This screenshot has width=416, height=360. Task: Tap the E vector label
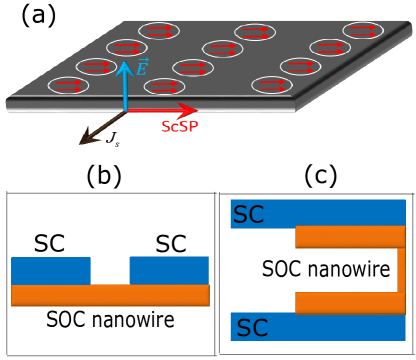(x=142, y=68)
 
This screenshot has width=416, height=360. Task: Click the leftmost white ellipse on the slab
(x=69, y=86)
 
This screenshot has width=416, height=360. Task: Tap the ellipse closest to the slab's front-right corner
(x=271, y=85)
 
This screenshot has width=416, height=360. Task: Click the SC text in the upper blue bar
(x=249, y=214)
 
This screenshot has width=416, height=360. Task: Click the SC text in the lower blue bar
(x=252, y=328)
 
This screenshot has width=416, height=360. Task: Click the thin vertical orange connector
(x=401, y=270)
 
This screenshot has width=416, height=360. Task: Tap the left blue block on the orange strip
(x=51, y=271)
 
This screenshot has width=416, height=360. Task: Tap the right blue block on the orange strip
(x=169, y=271)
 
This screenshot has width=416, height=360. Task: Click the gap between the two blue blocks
(x=110, y=271)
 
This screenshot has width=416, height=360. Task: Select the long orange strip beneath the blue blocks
(x=110, y=296)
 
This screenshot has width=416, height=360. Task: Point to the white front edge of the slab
(x=150, y=110)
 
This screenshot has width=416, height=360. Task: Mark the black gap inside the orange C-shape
(x=345, y=270)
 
